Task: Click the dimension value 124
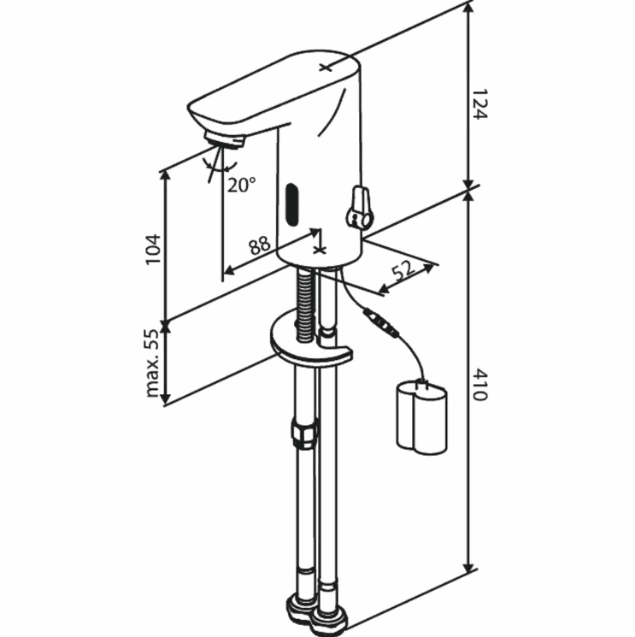pyautogui.click(x=479, y=104)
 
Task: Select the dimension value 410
pyautogui.click(x=479, y=384)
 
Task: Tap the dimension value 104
pyautogui.click(x=154, y=250)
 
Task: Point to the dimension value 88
pyautogui.click(x=260, y=245)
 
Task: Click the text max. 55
pyautogui.click(x=152, y=363)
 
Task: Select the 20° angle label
pyautogui.click(x=241, y=185)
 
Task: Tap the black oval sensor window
pyautogui.click(x=292, y=204)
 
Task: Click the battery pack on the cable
pyautogui.click(x=421, y=416)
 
